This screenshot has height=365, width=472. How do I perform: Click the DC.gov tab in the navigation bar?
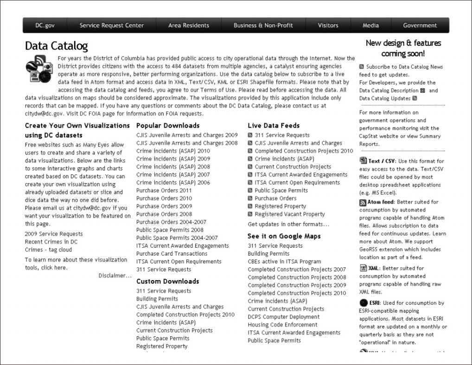(x=45, y=26)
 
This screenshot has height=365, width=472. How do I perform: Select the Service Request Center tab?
(x=112, y=26)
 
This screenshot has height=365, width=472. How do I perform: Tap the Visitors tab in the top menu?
(x=328, y=26)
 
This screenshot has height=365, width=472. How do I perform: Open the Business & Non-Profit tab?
(x=263, y=26)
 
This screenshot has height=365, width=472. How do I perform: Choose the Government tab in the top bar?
(x=420, y=26)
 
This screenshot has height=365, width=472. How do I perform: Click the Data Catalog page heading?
(x=56, y=46)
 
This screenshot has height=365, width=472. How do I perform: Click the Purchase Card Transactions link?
(x=172, y=254)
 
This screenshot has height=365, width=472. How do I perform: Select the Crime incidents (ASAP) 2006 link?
(x=173, y=183)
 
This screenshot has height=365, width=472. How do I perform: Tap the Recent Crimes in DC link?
(x=51, y=242)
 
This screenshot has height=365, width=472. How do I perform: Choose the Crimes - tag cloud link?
(x=49, y=250)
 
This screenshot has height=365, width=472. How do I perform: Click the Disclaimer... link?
(x=115, y=275)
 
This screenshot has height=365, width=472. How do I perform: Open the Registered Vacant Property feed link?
(x=290, y=214)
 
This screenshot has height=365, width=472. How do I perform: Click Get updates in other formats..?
(x=288, y=224)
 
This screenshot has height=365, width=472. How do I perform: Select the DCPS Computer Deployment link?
(x=284, y=317)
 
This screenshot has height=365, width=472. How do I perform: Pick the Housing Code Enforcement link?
(x=282, y=325)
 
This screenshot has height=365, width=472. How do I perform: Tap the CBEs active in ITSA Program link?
(x=284, y=262)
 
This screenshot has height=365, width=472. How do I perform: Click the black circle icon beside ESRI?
(x=364, y=303)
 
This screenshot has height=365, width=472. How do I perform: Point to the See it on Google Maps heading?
(x=284, y=236)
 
